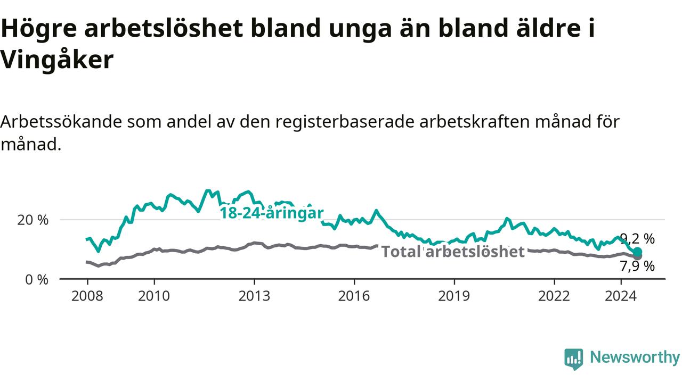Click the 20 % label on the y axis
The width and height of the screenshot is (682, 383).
coord(33,220)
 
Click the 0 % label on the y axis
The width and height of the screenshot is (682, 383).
coord(37,280)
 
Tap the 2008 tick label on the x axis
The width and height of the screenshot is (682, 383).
coord(87,296)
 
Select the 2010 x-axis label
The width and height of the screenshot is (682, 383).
coord(154,296)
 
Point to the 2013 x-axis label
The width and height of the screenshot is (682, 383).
coord(254,296)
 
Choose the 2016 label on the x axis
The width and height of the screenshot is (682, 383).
coord(354,296)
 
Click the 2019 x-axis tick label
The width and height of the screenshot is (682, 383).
coord(454,296)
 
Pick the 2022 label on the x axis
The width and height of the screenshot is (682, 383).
coord(554,296)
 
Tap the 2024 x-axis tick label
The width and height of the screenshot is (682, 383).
coord(621,296)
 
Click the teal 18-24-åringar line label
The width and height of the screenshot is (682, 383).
coord(272,213)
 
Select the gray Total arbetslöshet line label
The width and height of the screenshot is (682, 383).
coord(453,252)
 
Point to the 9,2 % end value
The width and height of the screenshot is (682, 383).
coord(637,239)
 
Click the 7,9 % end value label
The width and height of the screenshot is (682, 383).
coord(637,267)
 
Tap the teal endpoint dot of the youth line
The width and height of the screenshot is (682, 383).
coord(638,252)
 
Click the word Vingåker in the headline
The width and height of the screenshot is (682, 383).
coord(57,60)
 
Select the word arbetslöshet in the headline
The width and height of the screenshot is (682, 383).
coord(164,28)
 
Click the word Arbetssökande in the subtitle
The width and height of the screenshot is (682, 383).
coord(61,122)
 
